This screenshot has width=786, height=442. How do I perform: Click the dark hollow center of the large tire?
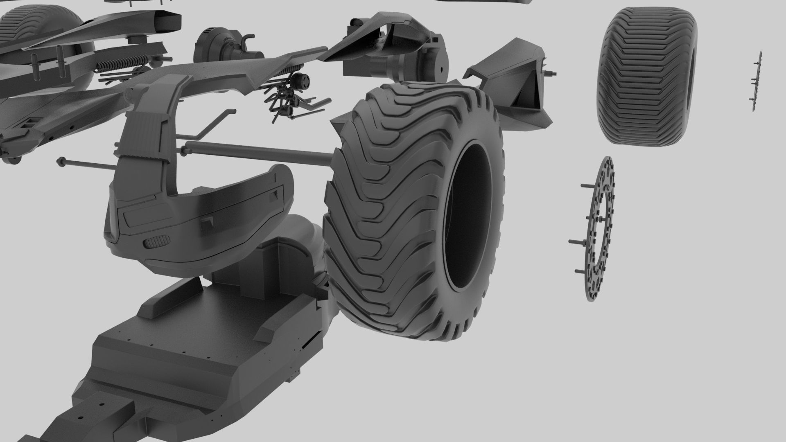[x=467, y=217]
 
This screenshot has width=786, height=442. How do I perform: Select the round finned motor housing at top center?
[x=211, y=45]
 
